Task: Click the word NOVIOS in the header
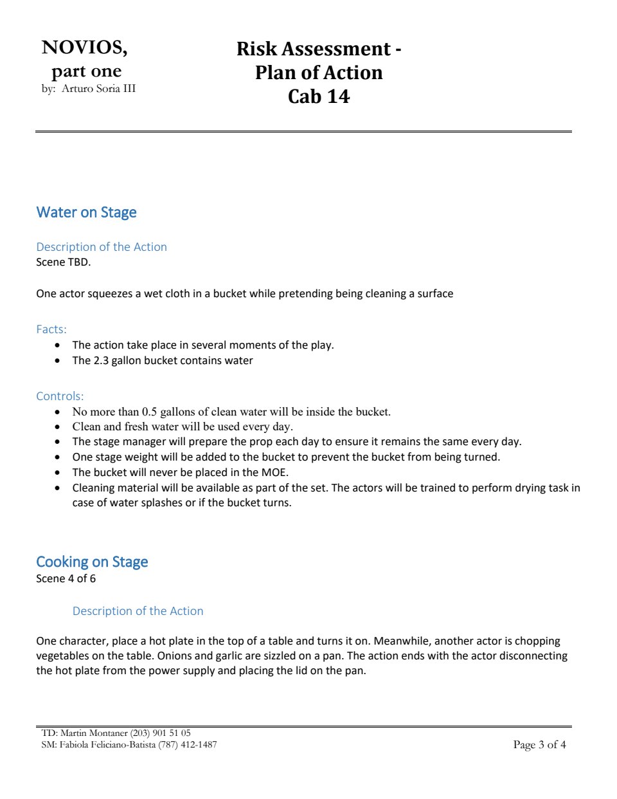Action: tap(84, 48)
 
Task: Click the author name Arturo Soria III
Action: tap(98, 89)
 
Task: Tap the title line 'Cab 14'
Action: tap(319, 96)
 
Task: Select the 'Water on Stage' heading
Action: tap(86, 212)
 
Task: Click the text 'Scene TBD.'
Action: tap(63, 262)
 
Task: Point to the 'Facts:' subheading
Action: tap(51, 329)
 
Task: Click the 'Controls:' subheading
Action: tap(60, 396)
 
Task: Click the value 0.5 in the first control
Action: tap(149, 412)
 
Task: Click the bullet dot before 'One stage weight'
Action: tap(58, 457)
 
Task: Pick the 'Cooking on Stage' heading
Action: tap(92, 562)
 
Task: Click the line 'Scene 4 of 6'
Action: tap(66, 578)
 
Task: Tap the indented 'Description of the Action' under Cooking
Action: tap(138, 611)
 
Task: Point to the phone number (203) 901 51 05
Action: tap(160, 733)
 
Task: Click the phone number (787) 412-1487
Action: tap(187, 744)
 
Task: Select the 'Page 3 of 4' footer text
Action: tap(539, 744)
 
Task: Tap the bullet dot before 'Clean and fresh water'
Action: tap(58, 427)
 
